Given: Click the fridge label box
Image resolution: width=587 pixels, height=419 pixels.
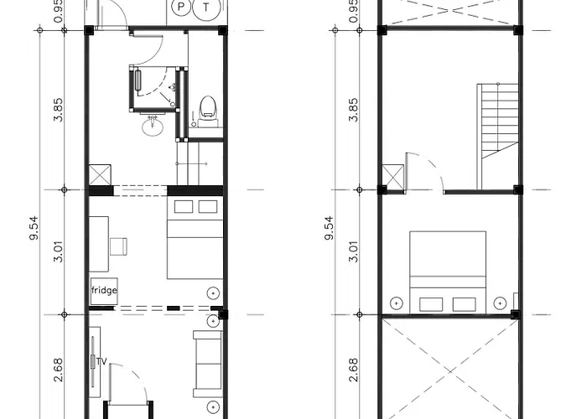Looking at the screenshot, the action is click(x=104, y=291).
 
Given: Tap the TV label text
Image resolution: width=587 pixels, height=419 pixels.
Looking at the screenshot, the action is click(x=101, y=362).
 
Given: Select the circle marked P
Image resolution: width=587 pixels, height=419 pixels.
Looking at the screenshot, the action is click(x=181, y=7).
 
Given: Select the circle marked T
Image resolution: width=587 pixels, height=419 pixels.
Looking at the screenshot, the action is click(x=206, y=8).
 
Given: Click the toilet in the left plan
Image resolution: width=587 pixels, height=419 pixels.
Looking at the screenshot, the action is click(x=208, y=111).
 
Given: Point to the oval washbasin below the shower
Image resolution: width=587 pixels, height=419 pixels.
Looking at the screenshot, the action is click(x=153, y=126).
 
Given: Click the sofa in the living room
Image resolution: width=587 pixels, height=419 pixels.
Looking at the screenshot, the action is click(x=207, y=364).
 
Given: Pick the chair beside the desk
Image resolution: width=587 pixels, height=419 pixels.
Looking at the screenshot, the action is click(x=118, y=246).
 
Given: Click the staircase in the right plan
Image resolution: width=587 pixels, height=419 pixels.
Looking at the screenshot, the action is click(x=497, y=137).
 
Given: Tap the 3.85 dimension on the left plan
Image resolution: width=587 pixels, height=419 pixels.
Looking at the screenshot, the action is click(x=59, y=110).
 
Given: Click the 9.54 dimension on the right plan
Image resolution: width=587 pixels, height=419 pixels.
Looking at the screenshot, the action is click(x=329, y=227).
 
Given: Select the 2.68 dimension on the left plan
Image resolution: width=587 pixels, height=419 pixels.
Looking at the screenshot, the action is click(x=59, y=370).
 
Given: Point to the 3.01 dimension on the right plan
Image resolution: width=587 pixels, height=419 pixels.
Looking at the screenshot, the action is click(x=353, y=251).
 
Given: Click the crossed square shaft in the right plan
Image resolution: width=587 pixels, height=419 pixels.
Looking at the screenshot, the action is click(x=393, y=177).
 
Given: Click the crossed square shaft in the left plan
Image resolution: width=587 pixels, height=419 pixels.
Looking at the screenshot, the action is click(x=100, y=174).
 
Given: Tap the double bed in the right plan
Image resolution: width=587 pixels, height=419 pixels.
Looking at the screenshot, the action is click(x=448, y=272).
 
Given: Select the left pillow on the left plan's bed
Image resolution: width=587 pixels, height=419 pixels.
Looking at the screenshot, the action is click(x=184, y=206).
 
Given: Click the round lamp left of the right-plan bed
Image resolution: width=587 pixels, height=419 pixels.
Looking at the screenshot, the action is click(x=397, y=303).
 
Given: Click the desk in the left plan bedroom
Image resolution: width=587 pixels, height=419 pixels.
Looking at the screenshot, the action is click(x=99, y=244).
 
